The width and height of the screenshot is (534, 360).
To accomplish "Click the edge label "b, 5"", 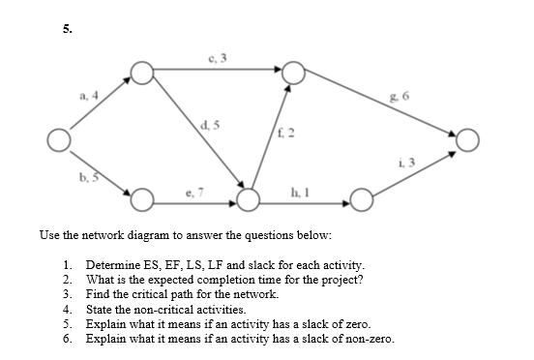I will click(x=88, y=178).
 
